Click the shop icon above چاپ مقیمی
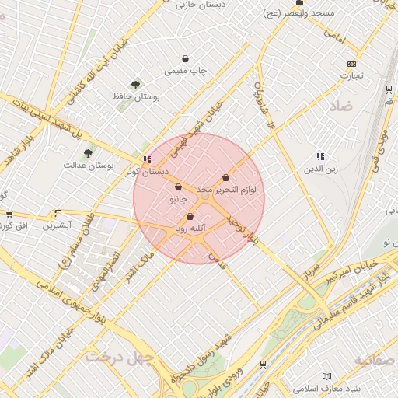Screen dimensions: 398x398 (185, 58)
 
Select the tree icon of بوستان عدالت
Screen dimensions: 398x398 (87, 153)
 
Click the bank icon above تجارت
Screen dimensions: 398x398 (351, 64)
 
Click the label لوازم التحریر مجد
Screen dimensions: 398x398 (231, 189)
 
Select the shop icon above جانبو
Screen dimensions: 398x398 (179, 187)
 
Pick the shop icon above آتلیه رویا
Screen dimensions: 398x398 (190, 217)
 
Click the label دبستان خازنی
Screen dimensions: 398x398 (200, 5)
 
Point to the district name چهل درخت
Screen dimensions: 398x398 (120, 357)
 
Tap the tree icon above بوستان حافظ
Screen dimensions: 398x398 (136, 84)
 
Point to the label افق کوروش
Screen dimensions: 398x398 (16, 225)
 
